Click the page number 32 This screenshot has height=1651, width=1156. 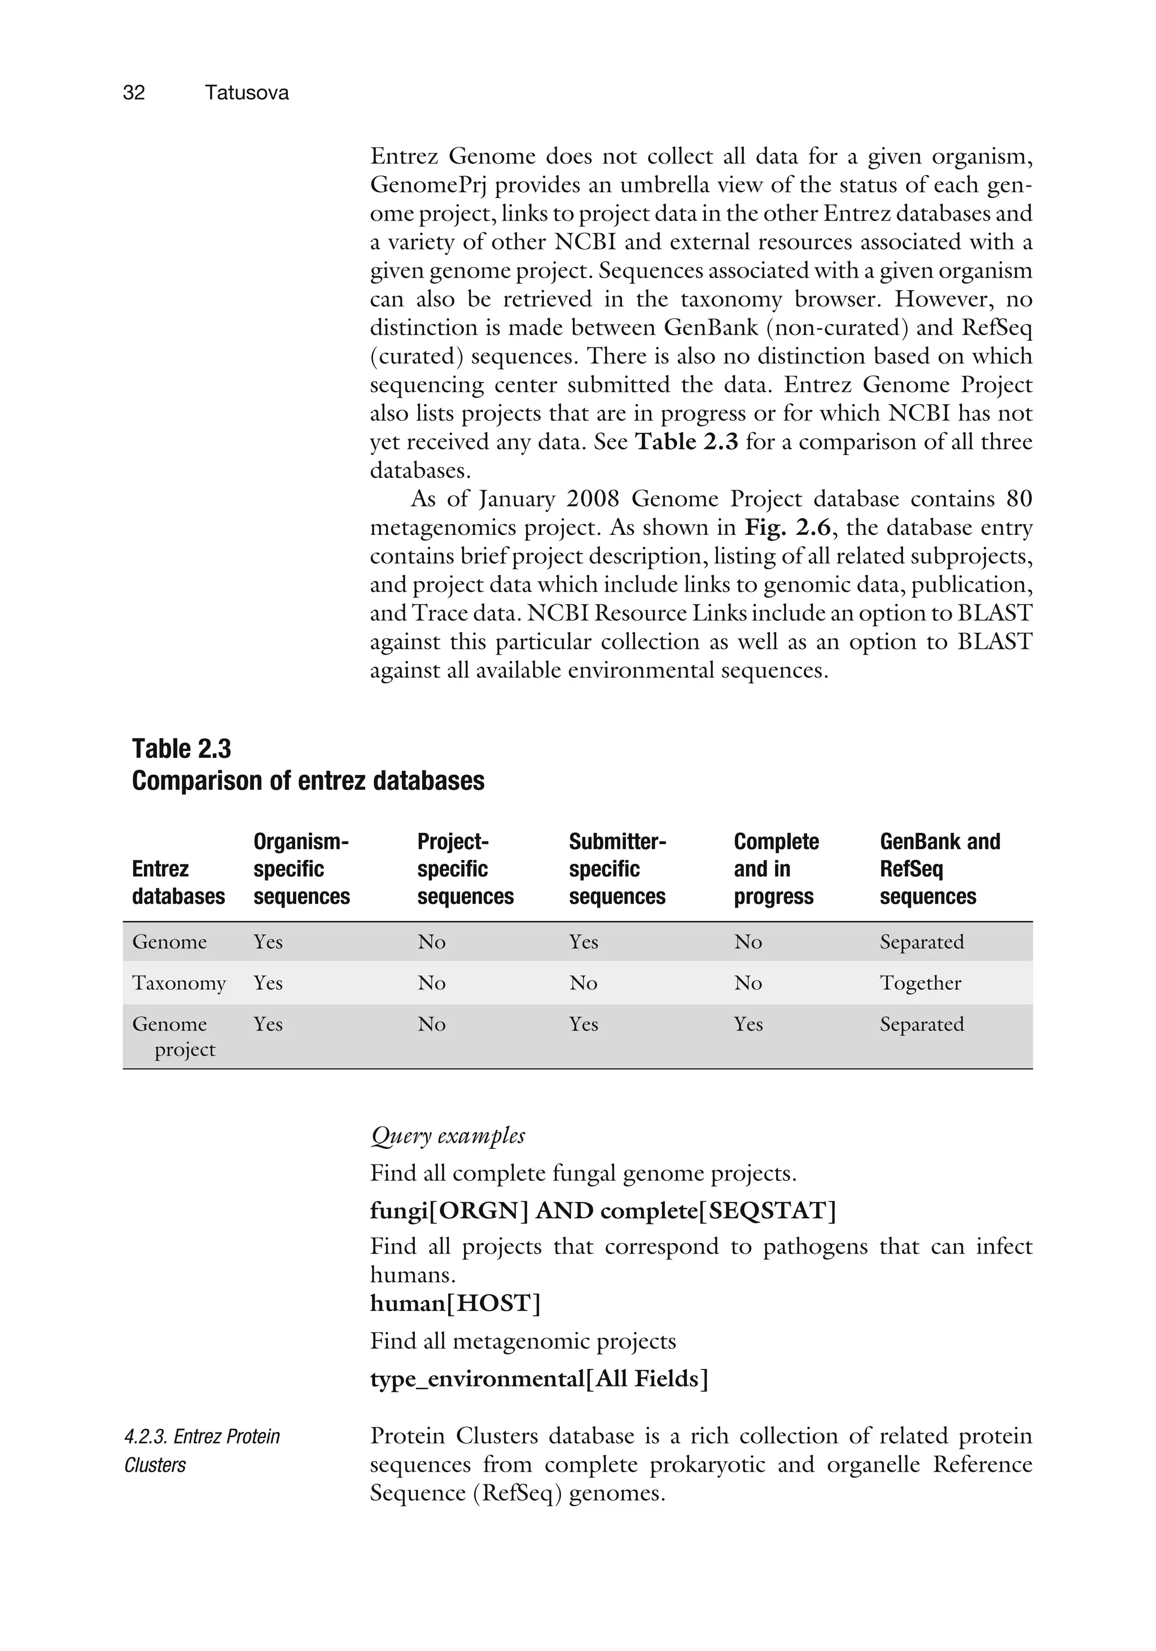pyautogui.click(x=134, y=93)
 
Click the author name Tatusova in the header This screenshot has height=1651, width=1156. pyautogui.click(x=246, y=93)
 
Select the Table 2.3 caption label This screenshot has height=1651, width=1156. pyautogui.click(x=181, y=749)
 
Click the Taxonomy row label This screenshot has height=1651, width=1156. pyautogui.click(x=178, y=983)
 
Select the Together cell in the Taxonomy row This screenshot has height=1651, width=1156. pyautogui.click(x=920, y=983)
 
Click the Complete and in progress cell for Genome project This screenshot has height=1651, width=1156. pyautogui.click(x=748, y=1024)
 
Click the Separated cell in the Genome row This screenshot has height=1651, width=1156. pyautogui.click(x=922, y=942)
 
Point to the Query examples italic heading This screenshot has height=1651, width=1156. pyautogui.click(x=448, y=1135)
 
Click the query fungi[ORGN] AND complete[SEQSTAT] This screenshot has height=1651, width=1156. pyautogui.click(x=603, y=1211)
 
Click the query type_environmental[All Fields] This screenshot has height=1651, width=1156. pyautogui.click(x=539, y=1379)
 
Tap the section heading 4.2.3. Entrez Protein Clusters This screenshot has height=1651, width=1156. pyautogui.click(x=202, y=1450)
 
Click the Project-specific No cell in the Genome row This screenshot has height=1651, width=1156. pyautogui.click(x=432, y=942)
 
